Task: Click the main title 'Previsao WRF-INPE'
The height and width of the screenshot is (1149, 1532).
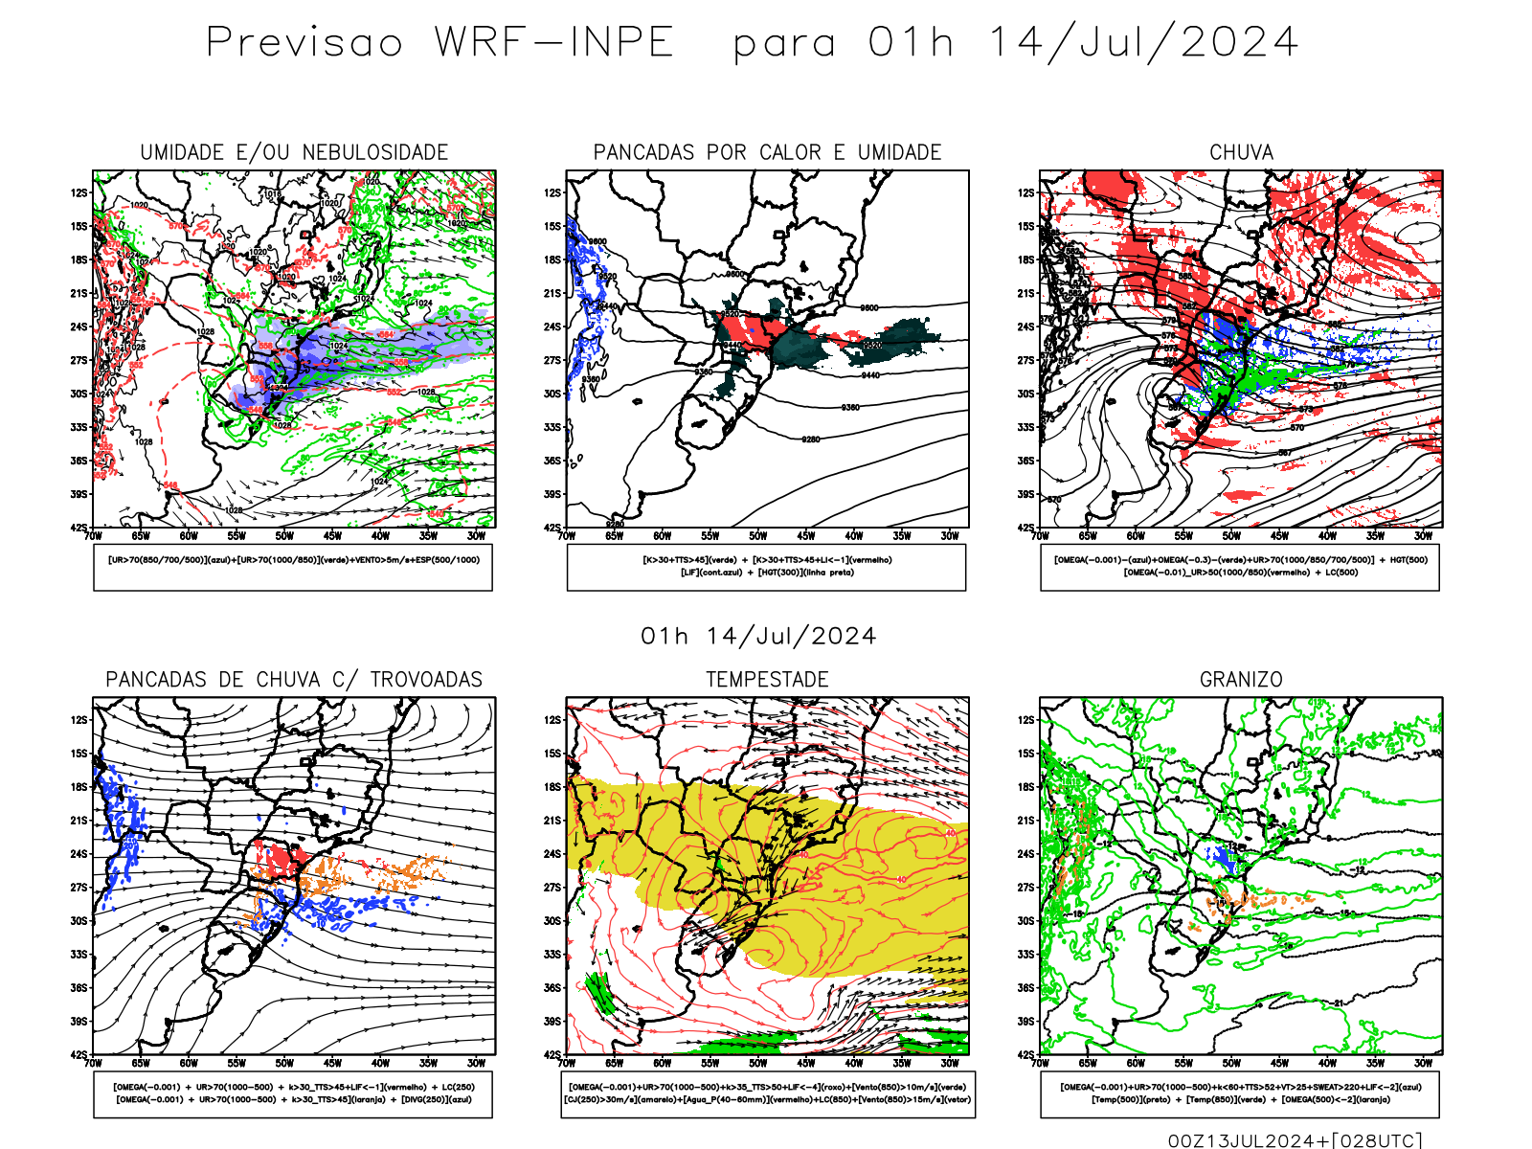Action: [x=440, y=43]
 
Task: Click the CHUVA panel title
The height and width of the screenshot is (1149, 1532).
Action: [x=1241, y=152]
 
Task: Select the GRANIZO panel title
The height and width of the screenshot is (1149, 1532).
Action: [x=1241, y=680]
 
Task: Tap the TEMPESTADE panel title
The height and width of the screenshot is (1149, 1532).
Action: [x=767, y=680]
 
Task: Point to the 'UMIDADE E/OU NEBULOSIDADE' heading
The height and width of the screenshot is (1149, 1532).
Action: [x=294, y=152]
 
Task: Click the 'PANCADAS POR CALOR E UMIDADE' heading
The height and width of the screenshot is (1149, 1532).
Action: [x=767, y=152]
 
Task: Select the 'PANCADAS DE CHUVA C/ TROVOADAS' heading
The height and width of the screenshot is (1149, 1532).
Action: [x=294, y=680]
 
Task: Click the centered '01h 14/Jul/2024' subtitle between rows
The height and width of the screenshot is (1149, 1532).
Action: [x=758, y=637]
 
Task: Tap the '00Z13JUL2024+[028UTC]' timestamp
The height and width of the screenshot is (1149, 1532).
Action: [x=1295, y=1140]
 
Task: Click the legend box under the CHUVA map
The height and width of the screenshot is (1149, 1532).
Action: [x=1240, y=567]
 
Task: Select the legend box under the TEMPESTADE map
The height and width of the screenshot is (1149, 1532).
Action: [x=768, y=1093]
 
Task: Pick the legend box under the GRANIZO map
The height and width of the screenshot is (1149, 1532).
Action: [x=1240, y=1093]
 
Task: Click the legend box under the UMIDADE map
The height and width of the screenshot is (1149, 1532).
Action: [x=293, y=567]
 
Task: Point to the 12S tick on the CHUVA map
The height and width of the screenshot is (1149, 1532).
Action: [x=1026, y=193]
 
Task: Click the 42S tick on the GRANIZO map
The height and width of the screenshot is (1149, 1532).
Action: [x=1026, y=1055]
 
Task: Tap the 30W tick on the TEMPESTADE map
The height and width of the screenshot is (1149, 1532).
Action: [x=949, y=1063]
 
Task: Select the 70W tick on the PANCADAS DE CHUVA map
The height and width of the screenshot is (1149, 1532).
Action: [x=93, y=1063]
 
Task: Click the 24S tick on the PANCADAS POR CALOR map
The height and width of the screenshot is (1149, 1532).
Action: [x=553, y=327]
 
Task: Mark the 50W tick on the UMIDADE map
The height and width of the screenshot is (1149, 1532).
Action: [x=284, y=536]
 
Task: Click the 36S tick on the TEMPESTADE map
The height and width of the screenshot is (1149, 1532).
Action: [x=553, y=988]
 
